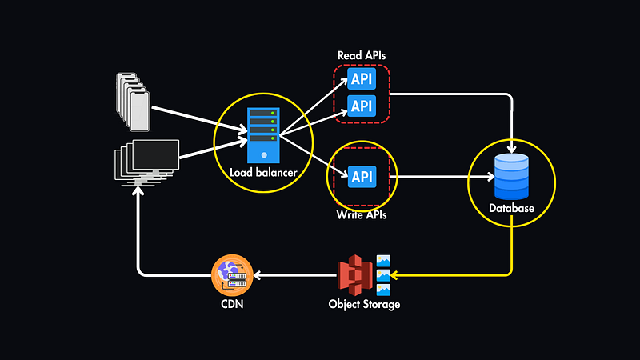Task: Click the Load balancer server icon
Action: (x=262, y=134)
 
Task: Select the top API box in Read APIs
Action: (x=362, y=80)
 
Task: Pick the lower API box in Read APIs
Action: (x=362, y=105)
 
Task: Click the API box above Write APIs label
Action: (x=362, y=175)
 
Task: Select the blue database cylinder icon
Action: (x=511, y=176)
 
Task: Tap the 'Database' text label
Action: (x=511, y=209)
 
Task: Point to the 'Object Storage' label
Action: (x=364, y=305)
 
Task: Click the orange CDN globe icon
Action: (x=232, y=275)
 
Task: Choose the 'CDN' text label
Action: (x=232, y=305)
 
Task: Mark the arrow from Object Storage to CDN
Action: (x=296, y=275)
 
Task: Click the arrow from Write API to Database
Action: (x=432, y=176)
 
